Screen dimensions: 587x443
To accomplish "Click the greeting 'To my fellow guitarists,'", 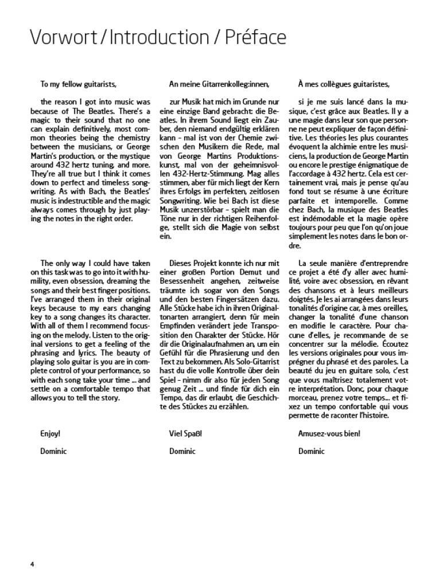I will pyautogui.click(x=79, y=84).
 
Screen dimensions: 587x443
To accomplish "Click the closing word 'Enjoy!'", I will pyautogui.click(x=50, y=433).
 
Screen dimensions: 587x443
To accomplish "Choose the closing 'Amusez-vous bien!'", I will pyautogui.click(x=329, y=433).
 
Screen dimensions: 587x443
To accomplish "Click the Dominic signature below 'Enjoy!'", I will pyautogui.click(x=53, y=451).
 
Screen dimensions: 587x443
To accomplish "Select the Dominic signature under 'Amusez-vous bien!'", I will pyautogui.click(x=311, y=451).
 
